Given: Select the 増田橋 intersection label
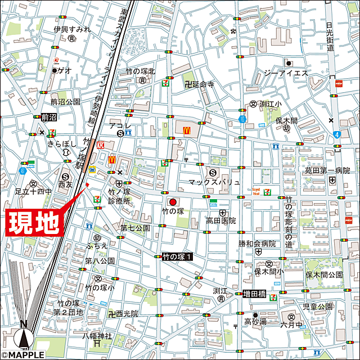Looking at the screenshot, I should (x=257, y=294).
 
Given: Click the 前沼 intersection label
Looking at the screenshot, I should (x=49, y=118).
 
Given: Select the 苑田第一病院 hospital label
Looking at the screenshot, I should (x=327, y=170).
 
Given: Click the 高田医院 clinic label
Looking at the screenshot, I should (x=221, y=221).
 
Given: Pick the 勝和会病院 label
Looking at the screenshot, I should (x=257, y=244).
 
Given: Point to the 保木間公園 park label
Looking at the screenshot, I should (x=324, y=275).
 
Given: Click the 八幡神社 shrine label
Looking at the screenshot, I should (x=97, y=336).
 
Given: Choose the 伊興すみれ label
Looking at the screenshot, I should (x=72, y=29).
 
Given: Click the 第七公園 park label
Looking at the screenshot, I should (x=135, y=228).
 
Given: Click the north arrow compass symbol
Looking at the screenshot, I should (x=23, y=336).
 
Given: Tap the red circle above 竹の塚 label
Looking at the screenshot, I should (x=173, y=202).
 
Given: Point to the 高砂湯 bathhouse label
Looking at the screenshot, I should (x=255, y=322).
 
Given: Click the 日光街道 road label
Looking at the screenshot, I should (x=330, y=37).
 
